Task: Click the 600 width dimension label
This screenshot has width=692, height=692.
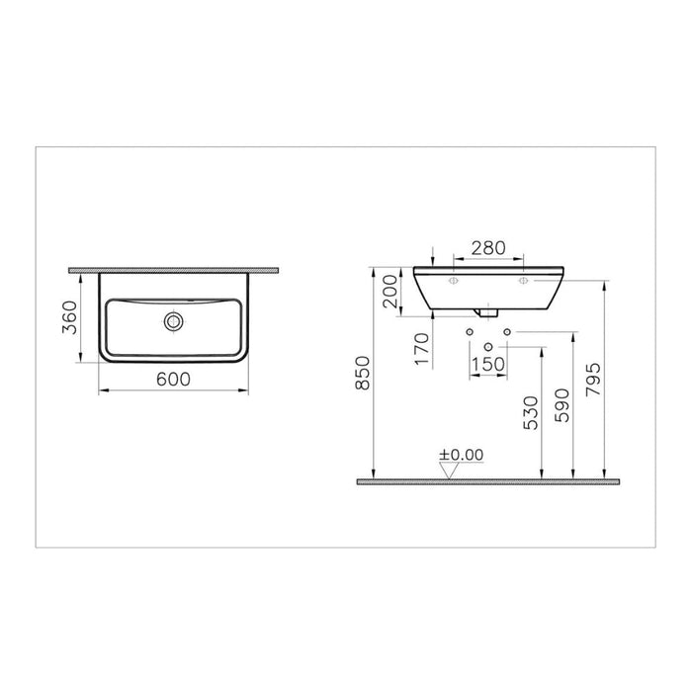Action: [173, 379]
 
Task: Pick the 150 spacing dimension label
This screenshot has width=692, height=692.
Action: [487, 363]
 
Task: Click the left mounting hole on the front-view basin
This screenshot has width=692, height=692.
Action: [453, 282]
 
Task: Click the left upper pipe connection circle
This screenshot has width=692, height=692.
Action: [469, 330]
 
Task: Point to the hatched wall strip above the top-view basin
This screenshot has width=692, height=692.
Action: [173, 269]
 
